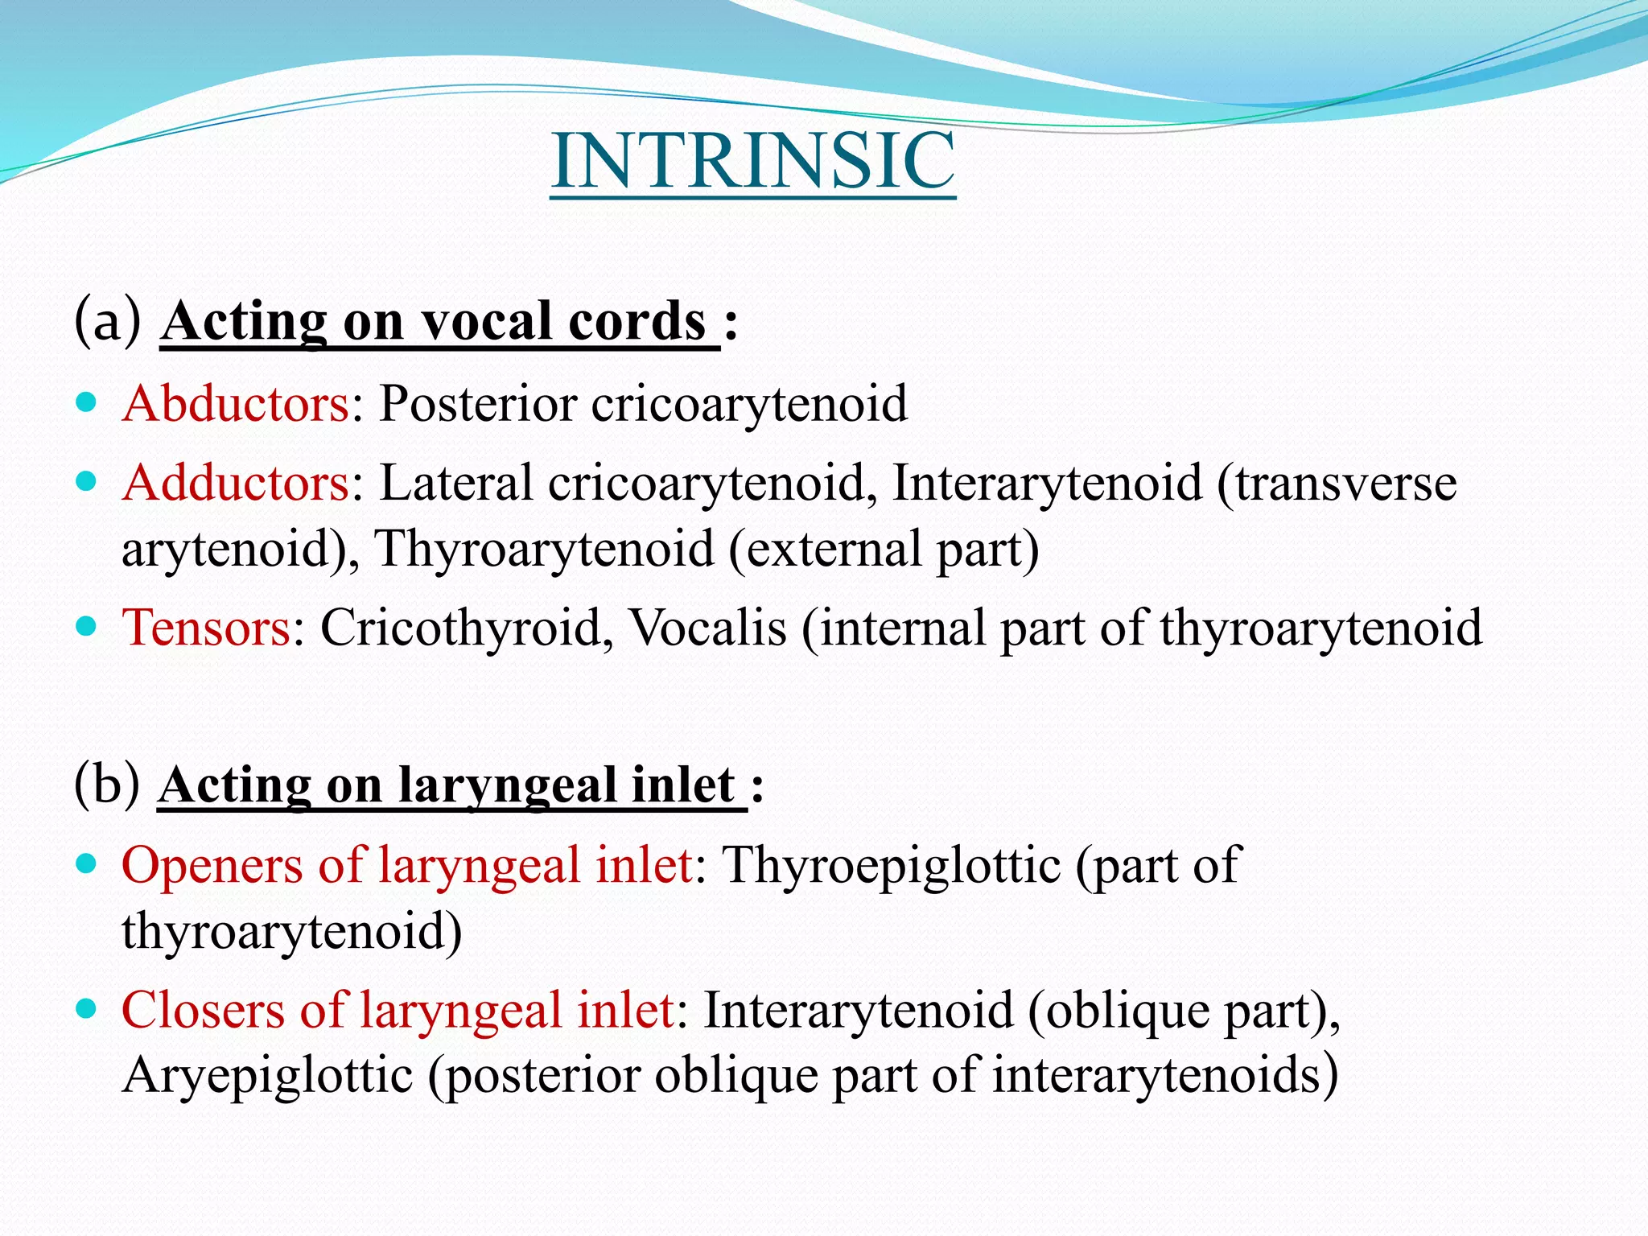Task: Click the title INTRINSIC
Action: coord(753,161)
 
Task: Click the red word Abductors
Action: coord(236,403)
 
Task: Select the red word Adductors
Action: coord(236,483)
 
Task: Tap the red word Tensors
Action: coord(205,627)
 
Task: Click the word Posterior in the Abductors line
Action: coord(478,403)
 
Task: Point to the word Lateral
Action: coord(456,483)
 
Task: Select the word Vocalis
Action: coord(707,627)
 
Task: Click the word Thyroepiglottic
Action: coord(892,866)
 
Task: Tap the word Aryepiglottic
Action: coord(267,1075)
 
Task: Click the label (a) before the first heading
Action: coord(108,320)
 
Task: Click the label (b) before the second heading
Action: coord(108,785)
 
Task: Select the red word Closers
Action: coord(203,1010)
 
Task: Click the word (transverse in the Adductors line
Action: coord(1337,483)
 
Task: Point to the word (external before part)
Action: coord(825,549)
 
